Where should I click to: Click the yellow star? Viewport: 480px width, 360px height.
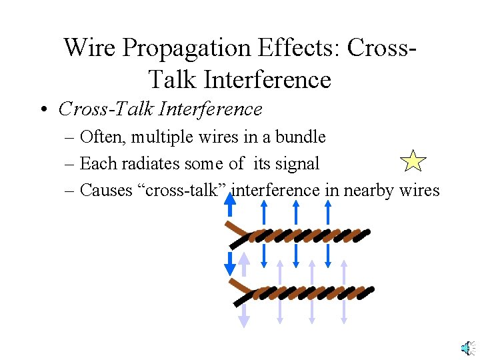(x=413, y=161)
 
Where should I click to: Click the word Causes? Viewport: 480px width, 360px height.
(x=105, y=190)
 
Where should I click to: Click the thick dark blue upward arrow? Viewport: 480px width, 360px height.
(x=230, y=204)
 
